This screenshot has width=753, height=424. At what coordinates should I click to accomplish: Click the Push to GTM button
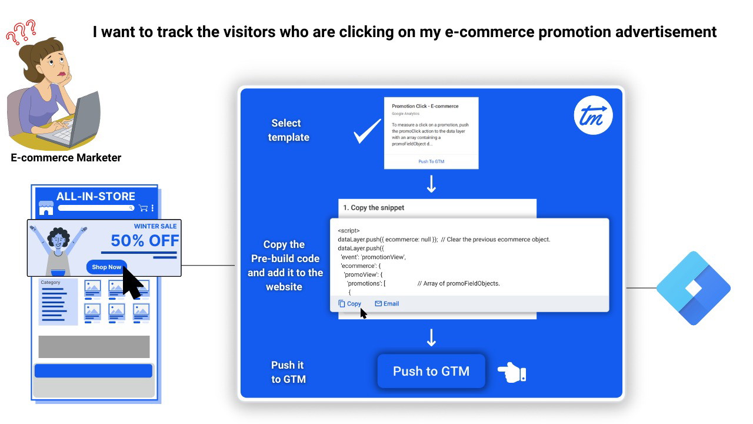pos(431,371)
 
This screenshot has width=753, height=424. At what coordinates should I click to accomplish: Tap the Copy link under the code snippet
pos(349,303)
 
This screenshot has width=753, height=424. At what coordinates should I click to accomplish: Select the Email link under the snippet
pos(387,303)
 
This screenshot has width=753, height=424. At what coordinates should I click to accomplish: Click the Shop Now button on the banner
pos(106,267)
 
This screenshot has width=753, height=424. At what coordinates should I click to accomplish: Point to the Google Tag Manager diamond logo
pos(694,288)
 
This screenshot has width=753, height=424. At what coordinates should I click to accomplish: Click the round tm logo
pos(594,115)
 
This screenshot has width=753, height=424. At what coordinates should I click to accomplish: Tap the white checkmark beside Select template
pos(368,131)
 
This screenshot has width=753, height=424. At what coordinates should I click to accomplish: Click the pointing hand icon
pos(512,372)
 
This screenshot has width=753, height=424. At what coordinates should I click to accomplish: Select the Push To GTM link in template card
pos(431,161)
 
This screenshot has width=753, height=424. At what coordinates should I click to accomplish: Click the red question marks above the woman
pos(21,32)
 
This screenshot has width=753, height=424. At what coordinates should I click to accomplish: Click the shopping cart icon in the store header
pos(143,208)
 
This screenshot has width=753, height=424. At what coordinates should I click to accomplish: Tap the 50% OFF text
pos(145,241)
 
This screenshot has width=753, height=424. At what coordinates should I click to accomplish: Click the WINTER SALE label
pos(155,226)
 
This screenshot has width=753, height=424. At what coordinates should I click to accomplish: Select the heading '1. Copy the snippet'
pos(374,208)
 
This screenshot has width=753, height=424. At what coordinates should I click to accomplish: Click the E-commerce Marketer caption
pos(66,157)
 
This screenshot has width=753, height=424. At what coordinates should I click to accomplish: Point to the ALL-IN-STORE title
pos(96,196)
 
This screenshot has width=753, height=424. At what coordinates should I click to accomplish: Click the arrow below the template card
pos(431,184)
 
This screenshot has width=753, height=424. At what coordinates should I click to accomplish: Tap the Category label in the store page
pos(51,282)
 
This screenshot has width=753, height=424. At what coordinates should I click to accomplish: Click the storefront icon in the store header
pos(46,208)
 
